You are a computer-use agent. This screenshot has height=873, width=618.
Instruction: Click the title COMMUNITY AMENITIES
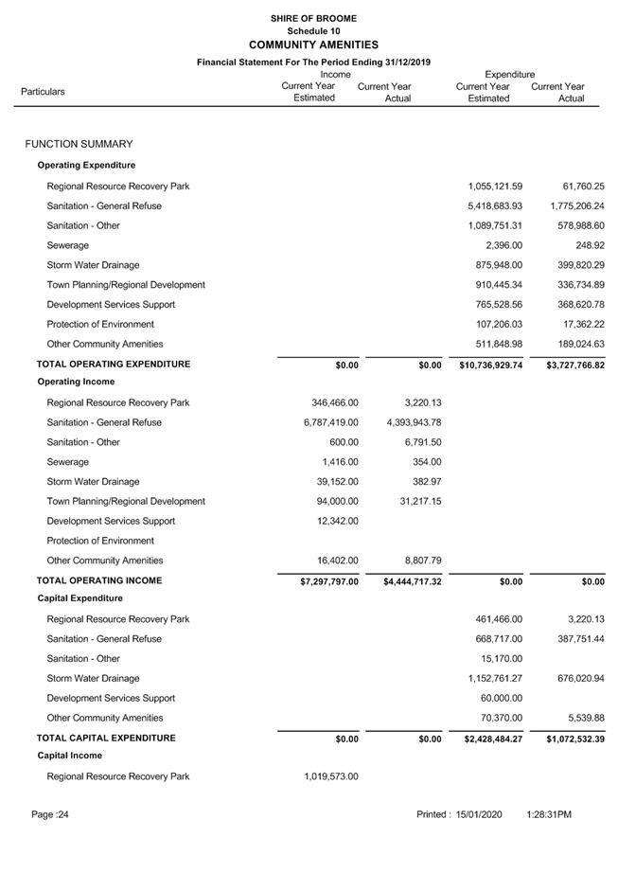tap(313, 45)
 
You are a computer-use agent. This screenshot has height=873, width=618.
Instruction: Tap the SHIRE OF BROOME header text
tap(313, 18)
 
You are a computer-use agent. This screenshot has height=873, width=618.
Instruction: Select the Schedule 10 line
tap(313, 31)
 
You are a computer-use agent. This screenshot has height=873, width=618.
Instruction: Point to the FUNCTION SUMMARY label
tap(79, 144)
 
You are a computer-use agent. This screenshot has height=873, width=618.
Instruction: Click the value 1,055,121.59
tap(495, 187)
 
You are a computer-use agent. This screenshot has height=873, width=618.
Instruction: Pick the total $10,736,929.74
tap(490, 365)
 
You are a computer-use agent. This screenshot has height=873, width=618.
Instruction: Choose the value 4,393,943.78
tap(413, 422)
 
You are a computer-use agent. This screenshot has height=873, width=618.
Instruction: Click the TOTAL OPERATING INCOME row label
tap(99, 580)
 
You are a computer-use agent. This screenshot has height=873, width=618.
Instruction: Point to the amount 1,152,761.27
tap(495, 678)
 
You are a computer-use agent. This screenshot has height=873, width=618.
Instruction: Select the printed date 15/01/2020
tap(479, 814)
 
